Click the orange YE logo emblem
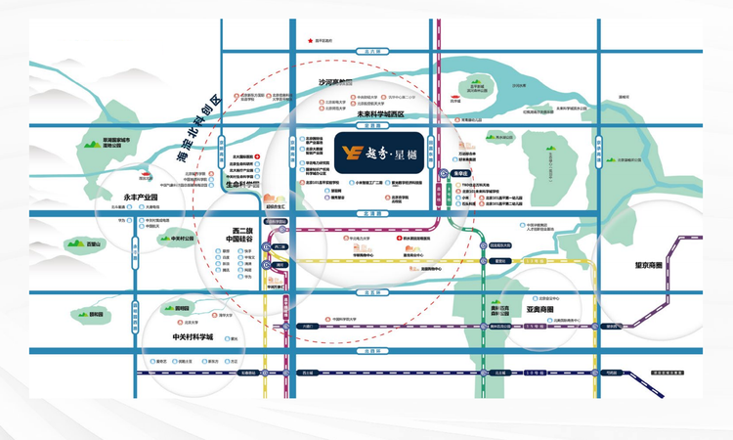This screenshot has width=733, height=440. click(x=349, y=152)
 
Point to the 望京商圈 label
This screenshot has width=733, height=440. click(x=648, y=265)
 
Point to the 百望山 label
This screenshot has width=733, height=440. click(x=95, y=243)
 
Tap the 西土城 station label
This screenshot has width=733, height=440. click(x=307, y=373)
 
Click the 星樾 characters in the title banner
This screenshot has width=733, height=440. click(x=402, y=153)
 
